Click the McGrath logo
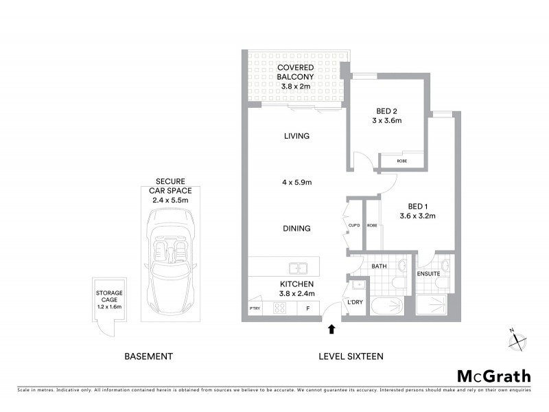[494, 376]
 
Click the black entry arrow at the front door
[332, 330]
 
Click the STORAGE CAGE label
[109, 300]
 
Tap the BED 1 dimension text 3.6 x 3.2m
[417, 216]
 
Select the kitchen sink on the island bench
[296, 268]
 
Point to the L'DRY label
[355, 302]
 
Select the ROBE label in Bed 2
[402, 161]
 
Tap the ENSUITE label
[429, 274]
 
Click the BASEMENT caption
[148, 356]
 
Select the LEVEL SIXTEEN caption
[351, 356]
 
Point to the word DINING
[296, 229]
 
